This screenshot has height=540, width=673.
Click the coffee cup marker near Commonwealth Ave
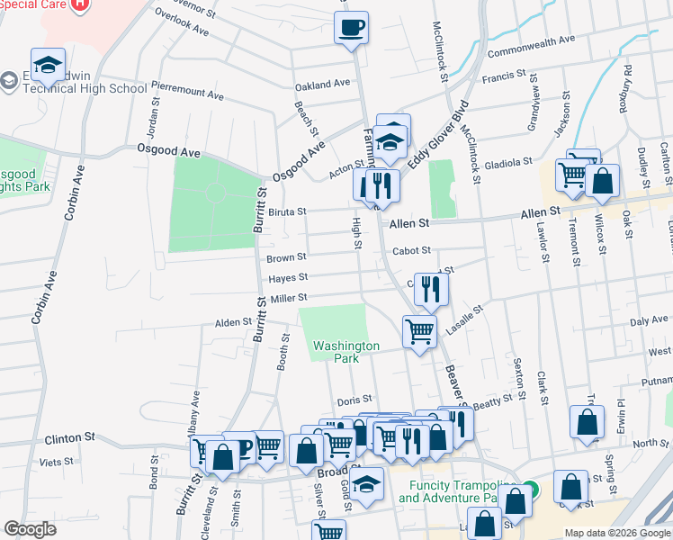351,26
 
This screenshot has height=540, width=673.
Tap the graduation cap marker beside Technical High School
48,65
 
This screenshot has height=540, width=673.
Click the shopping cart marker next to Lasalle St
419,331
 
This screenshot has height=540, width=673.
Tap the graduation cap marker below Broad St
366,484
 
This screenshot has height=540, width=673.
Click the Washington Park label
346,352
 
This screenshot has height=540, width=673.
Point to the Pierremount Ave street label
188,94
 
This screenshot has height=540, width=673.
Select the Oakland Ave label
322,85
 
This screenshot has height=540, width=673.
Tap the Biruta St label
287,212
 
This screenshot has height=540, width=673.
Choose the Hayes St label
288,278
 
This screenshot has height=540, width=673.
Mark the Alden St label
233,322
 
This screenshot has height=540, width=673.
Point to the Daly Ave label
648,320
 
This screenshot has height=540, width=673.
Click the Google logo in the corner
30,529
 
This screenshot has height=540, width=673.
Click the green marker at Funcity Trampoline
530,490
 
